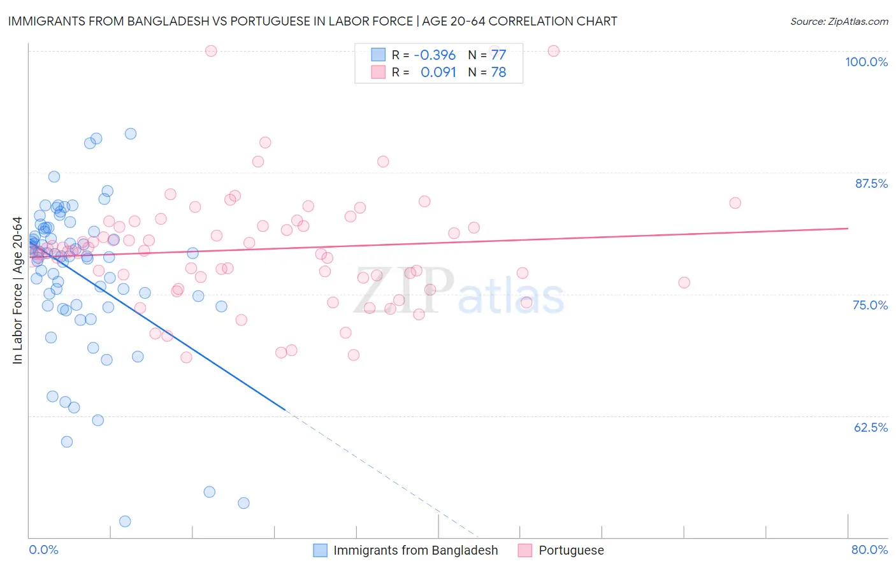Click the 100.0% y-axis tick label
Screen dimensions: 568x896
866,62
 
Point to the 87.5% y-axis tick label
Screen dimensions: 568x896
871,183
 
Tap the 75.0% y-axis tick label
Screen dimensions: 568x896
870,305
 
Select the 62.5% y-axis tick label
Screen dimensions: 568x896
870,427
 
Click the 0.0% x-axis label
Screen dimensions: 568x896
43,550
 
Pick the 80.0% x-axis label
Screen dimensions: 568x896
869,550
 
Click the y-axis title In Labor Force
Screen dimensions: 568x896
17,290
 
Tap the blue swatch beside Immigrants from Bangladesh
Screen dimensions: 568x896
320,550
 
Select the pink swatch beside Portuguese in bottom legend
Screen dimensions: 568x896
525,550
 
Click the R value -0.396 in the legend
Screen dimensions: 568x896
435,55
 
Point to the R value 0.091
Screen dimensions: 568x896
438,73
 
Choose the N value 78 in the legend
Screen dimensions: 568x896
498,73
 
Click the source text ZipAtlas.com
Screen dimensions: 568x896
839,21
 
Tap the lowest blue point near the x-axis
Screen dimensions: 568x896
125,522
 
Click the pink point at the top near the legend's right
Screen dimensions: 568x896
553,51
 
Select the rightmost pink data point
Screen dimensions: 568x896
735,203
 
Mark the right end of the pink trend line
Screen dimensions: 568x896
848,228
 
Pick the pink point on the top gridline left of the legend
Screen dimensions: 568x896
211,51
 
